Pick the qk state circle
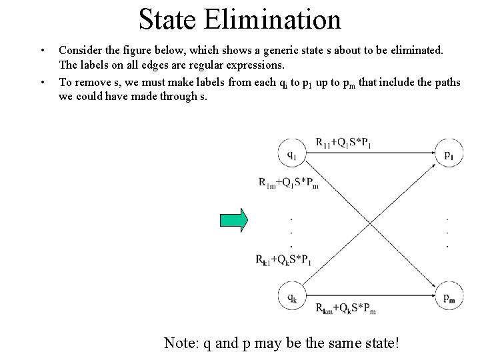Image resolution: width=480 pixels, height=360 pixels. point(292,298)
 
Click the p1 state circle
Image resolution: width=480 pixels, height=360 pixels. point(449,155)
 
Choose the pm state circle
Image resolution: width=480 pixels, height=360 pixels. point(449,298)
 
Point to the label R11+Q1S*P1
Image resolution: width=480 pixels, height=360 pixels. point(344,141)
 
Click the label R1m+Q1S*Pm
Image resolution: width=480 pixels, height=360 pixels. point(289,182)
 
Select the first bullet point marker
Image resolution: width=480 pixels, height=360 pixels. point(42,51)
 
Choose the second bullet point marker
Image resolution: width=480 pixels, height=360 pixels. point(42,83)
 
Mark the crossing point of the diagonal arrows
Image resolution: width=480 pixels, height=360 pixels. point(371,227)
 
